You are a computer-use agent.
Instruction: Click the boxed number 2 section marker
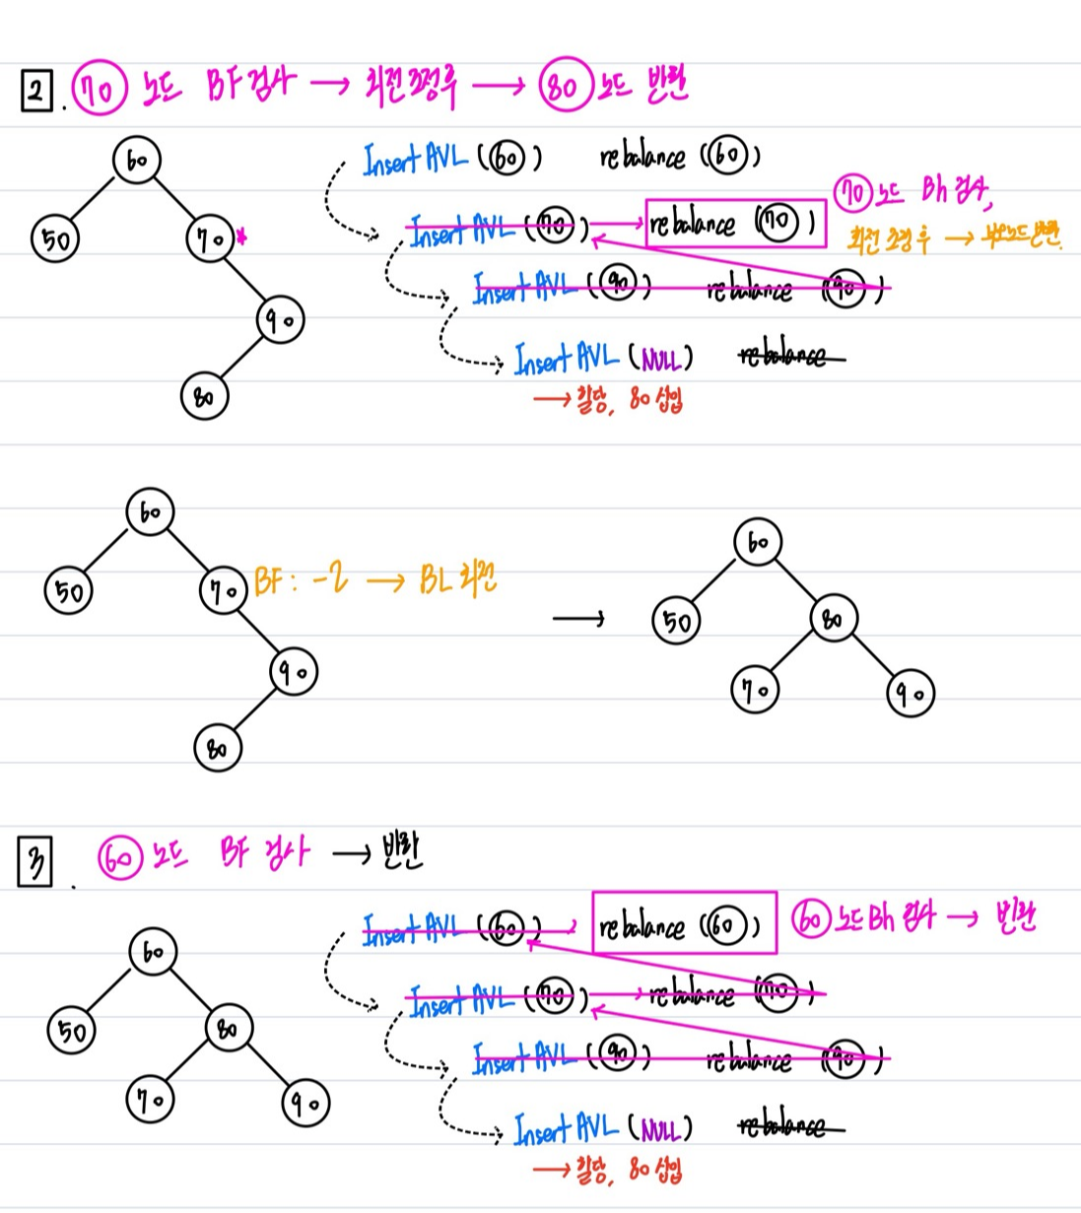[x=36, y=93]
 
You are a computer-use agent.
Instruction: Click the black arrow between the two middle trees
[x=578, y=619]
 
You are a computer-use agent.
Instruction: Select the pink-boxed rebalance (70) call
[x=735, y=224]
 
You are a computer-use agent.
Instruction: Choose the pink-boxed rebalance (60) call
[x=684, y=924]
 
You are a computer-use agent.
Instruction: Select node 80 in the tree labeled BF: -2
[x=217, y=747]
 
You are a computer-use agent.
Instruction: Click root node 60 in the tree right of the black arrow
[x=758, y=542]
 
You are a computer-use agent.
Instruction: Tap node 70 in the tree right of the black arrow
[x=755, y=691]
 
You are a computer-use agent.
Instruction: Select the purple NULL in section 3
[x=659, y=1129]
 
